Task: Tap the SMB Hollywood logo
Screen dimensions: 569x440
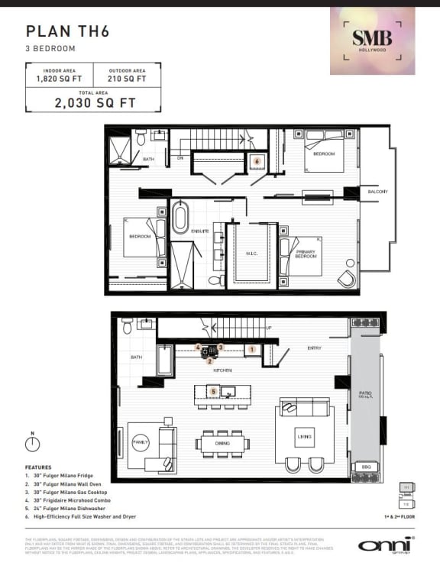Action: (x=372, y=40)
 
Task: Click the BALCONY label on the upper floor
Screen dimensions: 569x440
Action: (x=377, y=192)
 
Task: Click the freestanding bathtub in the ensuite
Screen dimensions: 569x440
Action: (x=180, y=218)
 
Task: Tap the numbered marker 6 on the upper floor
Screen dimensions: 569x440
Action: (x=257, y=162)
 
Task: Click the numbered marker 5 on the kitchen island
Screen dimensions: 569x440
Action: (x=214, y=392)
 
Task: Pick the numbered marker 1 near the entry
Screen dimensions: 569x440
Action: (x=251, y=349)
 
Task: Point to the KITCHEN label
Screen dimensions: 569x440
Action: (x=222, y=370)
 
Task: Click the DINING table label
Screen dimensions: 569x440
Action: (x=222, y=444)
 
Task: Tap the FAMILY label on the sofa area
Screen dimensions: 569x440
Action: (x=141, y=442)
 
